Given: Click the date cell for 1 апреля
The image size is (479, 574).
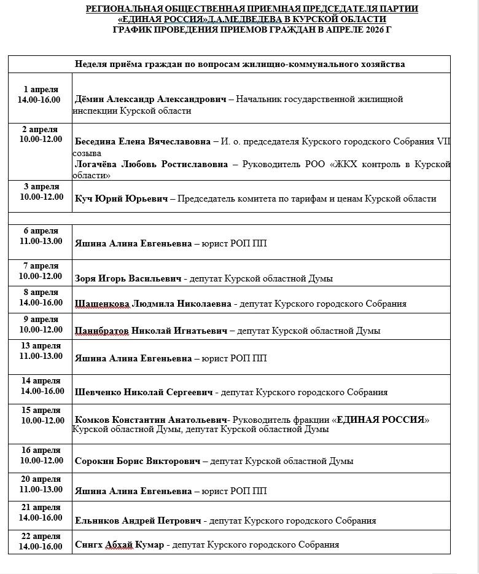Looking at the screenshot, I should tap(40, 95).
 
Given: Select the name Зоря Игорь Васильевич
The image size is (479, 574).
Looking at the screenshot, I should tap(128, 278).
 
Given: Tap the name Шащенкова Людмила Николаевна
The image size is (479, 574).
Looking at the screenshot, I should tap(153, 304).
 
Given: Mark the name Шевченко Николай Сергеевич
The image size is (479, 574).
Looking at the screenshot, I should tap(144, 391).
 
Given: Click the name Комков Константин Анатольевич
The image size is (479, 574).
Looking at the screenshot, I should tap(150, 420).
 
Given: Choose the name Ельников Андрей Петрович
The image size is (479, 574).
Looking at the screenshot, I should tap(138, 521).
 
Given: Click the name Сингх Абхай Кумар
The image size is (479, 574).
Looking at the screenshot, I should tap(119, 545).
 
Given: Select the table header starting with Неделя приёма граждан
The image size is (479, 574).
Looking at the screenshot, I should tap(240, 64).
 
